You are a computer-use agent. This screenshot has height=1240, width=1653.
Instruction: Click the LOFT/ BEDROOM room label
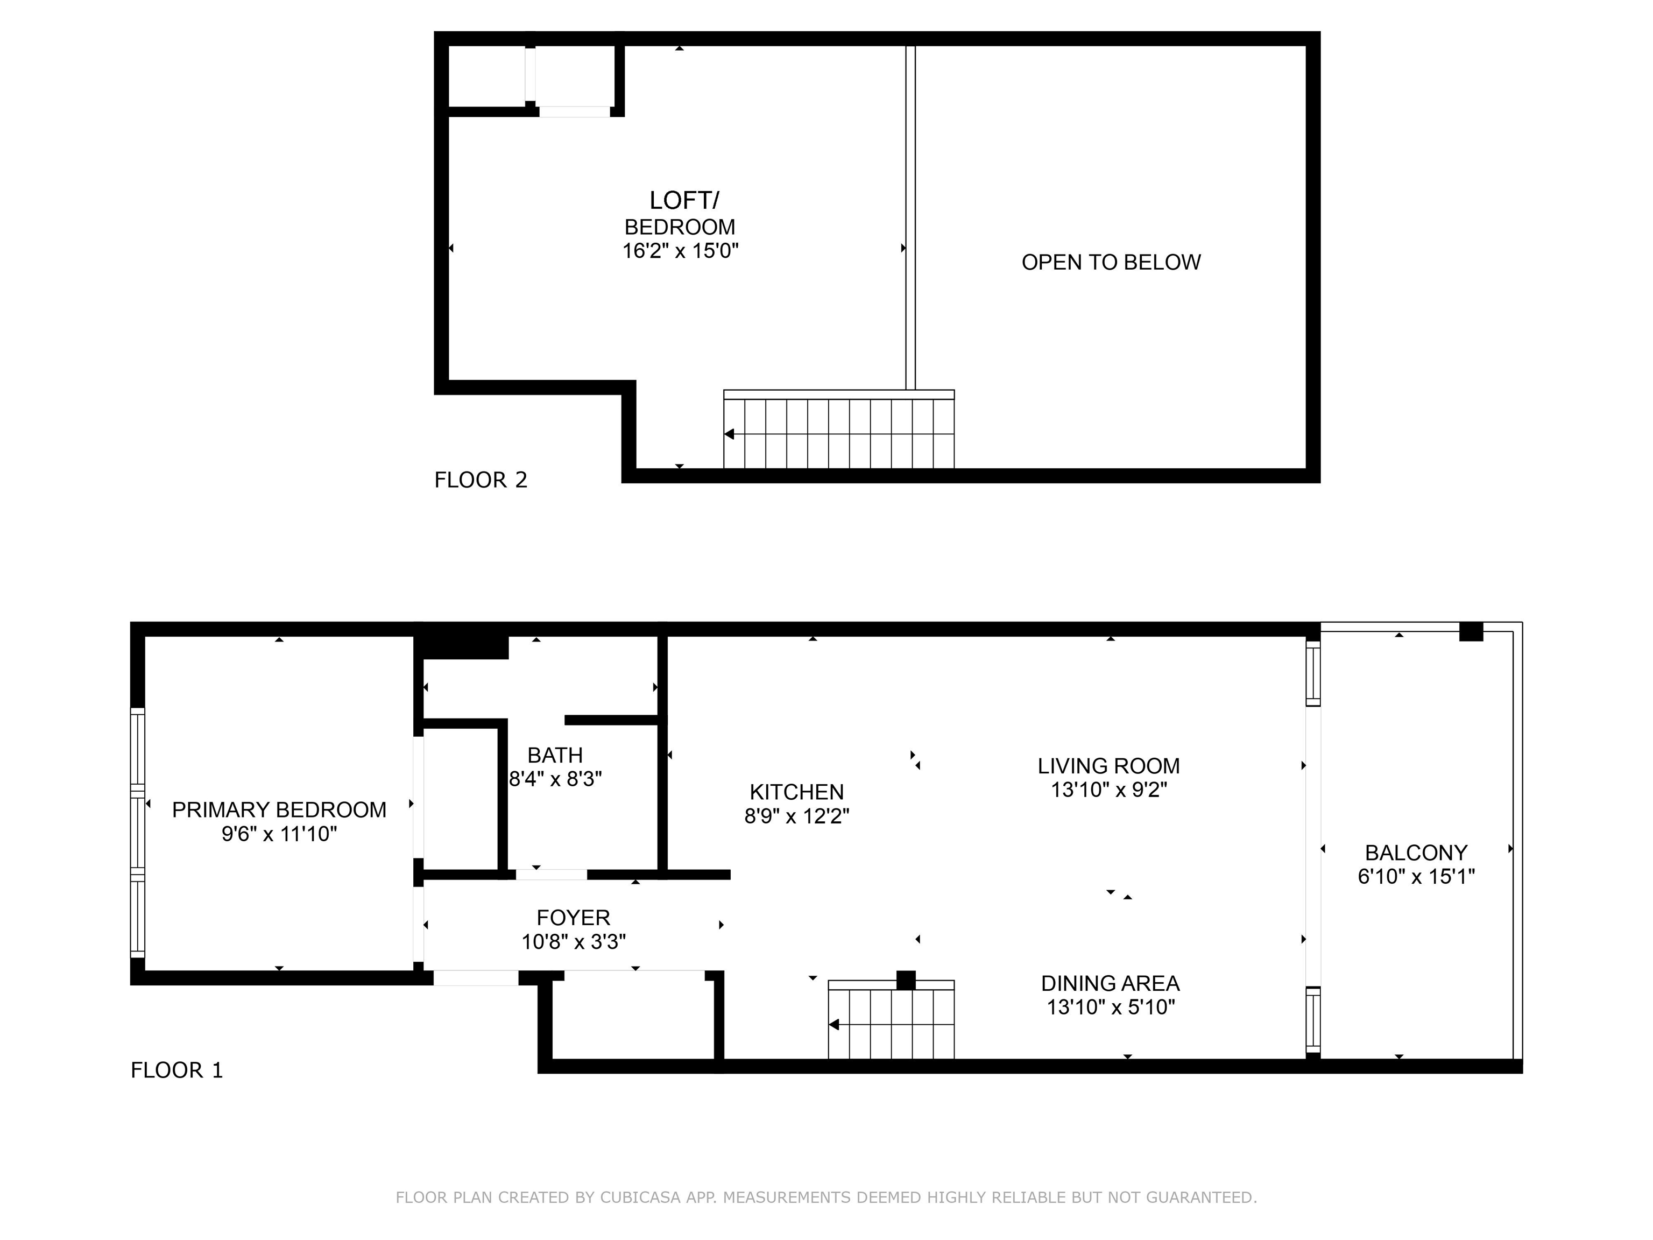[681, 213]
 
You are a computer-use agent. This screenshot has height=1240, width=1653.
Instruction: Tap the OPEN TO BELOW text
[1111, 262]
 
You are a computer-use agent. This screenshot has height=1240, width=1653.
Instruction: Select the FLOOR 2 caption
[481, 480]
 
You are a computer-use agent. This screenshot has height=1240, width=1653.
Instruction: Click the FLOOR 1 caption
[177, 1070]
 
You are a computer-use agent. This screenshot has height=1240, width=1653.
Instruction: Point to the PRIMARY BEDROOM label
[279, 809]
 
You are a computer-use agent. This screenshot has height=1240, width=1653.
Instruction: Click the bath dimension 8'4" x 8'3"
[555, 779]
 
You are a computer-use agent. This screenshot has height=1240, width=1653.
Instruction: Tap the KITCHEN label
[796, 792]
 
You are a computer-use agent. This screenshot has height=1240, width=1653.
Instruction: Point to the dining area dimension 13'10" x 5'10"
[1111, 1007]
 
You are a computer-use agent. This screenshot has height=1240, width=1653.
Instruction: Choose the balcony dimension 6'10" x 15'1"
[1416, 876]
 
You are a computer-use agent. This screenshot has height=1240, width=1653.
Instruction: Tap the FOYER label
[573, 917]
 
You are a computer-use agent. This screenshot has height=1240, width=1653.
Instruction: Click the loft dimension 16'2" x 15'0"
[681, 250]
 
